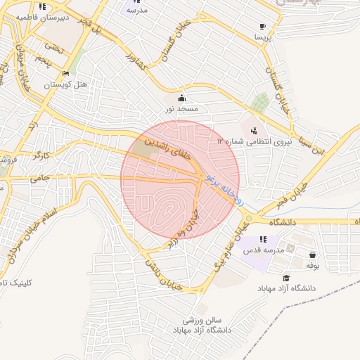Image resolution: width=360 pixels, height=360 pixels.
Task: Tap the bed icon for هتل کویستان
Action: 66,73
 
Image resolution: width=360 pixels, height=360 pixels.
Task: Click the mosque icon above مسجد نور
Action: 182,98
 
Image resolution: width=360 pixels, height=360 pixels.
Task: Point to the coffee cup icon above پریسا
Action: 262,24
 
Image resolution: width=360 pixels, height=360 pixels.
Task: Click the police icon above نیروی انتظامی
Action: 253,130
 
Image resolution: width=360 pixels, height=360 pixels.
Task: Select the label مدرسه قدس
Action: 263,250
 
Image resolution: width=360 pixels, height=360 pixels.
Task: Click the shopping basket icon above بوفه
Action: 312,255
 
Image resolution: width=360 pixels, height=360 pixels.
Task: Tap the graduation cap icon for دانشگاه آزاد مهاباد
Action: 286,278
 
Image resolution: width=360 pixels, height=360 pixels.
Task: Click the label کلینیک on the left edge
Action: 12,282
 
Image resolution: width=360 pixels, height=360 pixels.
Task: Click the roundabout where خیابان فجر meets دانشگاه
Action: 247,219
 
